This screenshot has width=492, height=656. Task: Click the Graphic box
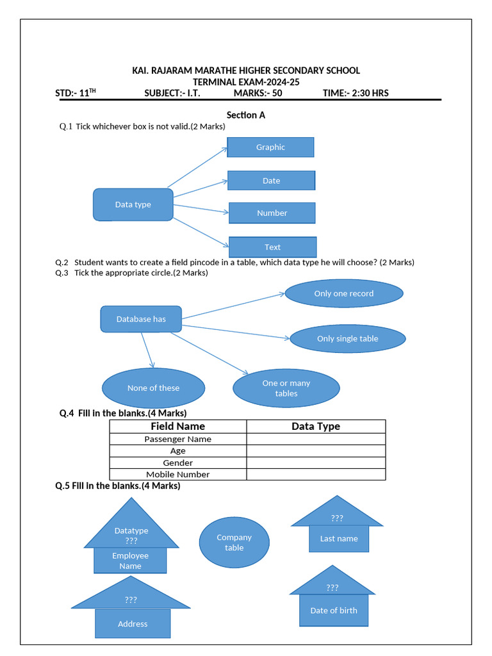tap(270, 147)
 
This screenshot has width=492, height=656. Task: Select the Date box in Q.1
tap(271, 181)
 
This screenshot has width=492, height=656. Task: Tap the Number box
tap(272, 213)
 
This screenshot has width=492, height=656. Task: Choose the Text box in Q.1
tap(272, 247)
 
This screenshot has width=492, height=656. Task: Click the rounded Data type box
tap(133, 204)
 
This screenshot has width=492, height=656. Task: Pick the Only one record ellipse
tap(343, 293)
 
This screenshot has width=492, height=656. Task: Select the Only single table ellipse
tap(347, 339)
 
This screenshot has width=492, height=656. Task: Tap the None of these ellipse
tap(153, 388)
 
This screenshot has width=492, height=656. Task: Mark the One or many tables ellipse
tap(286, 388)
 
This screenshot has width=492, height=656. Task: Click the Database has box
tap(141, 319)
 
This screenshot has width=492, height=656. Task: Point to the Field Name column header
tap(177, 427)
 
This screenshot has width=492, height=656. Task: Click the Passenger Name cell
tap(177, 439)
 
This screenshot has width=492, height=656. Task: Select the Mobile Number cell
tap(177, 475)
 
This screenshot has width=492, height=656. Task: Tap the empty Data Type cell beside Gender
tap(316, 463)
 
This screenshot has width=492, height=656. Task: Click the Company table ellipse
tap(234, 543)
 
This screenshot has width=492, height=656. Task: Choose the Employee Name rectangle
tap(130, 561)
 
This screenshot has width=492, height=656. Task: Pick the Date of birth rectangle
tap(334, 611)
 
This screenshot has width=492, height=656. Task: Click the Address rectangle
tap(133, 624)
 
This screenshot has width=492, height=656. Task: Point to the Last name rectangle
tap(339, 539)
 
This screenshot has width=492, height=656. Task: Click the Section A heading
tap(245, 115)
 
